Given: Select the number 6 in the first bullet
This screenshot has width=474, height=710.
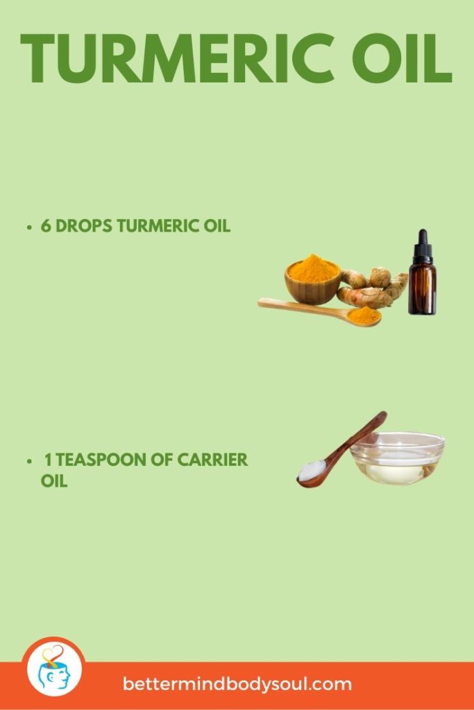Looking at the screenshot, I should click(x=45, y=227).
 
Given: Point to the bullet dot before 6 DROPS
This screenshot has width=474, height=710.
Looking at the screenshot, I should click(x=29, y=227).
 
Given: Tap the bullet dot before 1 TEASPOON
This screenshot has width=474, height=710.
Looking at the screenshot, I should click(x=29, y=460).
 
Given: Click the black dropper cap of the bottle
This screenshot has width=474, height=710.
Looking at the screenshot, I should click(x=421, y=245).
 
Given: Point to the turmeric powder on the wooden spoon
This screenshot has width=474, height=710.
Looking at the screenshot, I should click(x=363, y=315).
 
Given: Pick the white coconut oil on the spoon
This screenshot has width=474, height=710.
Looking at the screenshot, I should click(x=313, y=470).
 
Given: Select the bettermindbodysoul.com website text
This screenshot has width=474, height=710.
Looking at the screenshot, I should click(x=237, y=684).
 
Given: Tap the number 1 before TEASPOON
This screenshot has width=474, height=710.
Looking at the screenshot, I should click(x=49, y=460).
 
